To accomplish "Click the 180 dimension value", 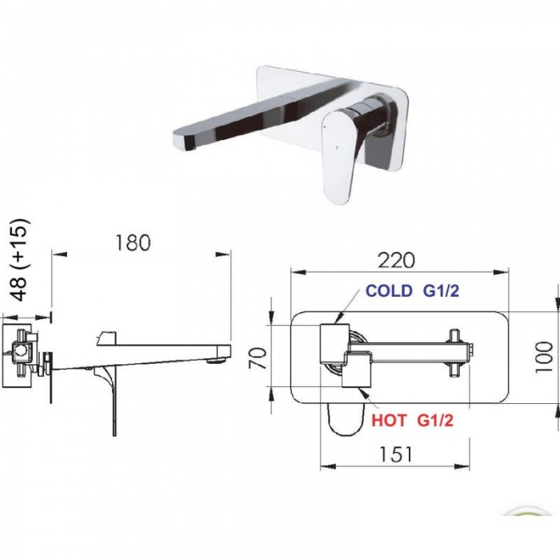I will tap(133, 242).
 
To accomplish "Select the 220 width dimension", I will tap(397, 260).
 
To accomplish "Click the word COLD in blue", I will tap(389, 291).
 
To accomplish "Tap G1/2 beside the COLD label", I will tap(441, 291).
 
